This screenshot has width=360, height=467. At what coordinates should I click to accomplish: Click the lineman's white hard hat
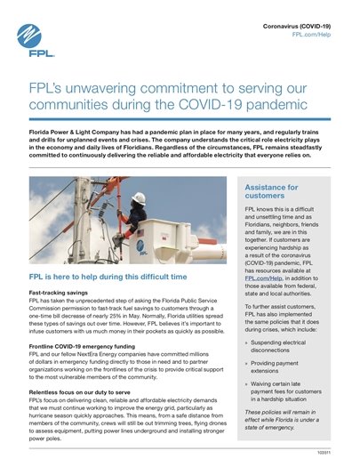(139, 198)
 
